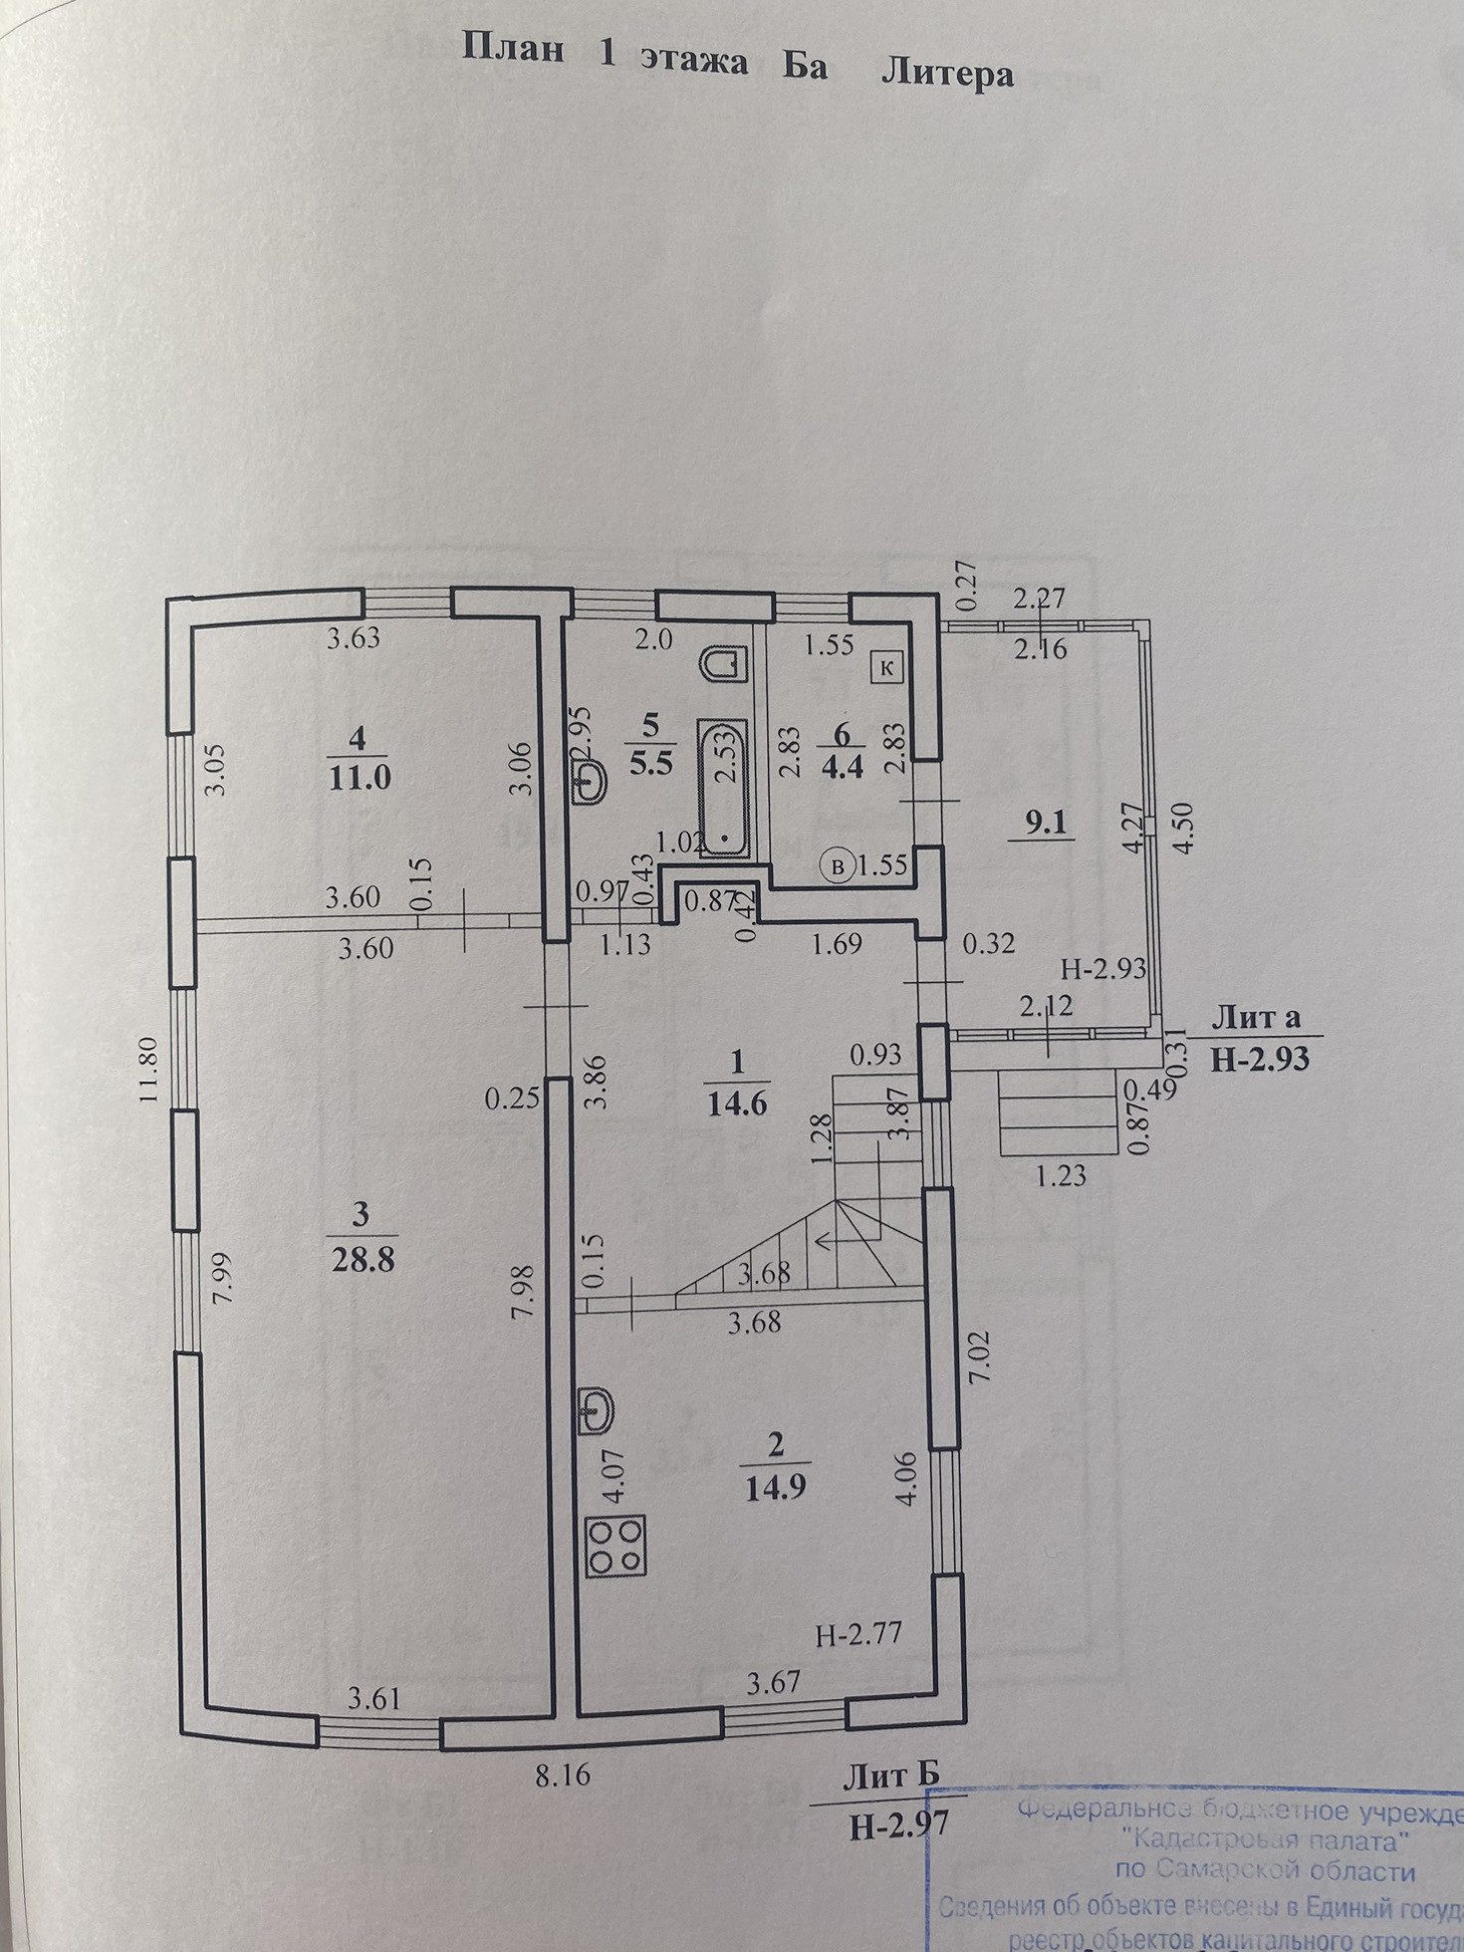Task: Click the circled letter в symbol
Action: tap(840, 866)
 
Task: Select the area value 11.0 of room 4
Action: tap(360, 777)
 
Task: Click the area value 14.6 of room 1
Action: tap(738, 1103)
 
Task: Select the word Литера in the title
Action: tap(947, 74)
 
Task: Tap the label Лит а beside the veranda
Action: tap(1257, 1017)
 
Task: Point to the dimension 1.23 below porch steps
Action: tap(1061, 1177)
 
